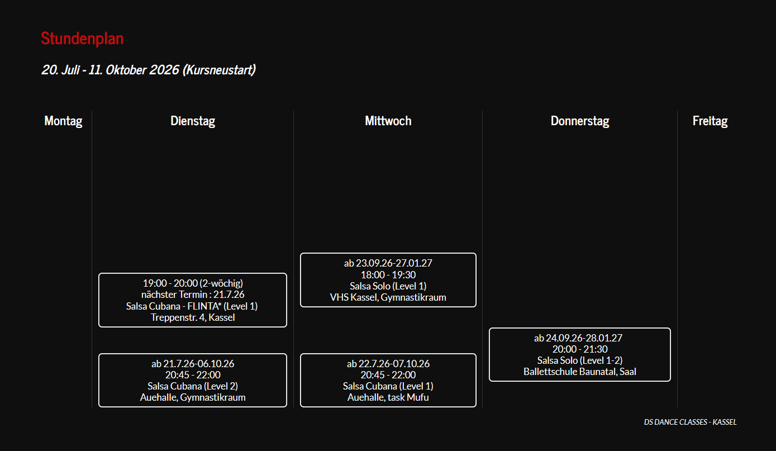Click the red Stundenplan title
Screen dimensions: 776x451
point(82,39)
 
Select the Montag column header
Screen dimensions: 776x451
point(63,121)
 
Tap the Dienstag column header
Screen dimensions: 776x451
point(193,121)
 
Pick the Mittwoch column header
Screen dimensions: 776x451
point(388,121)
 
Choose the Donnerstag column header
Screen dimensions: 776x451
point(580,121)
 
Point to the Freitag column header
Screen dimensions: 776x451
point(710,121)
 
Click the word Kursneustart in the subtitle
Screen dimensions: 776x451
point(220,70)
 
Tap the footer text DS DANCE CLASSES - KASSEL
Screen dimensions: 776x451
point(690,422)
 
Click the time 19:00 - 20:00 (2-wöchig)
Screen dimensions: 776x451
point(193,283)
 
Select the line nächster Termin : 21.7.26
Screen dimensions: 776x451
point(193,295)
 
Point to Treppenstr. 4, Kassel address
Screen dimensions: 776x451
point(193,317)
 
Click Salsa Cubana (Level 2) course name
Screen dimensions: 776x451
point(193,386)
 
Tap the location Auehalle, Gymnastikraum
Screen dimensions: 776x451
point(193,397)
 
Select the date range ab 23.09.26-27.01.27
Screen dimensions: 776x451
point(388,263)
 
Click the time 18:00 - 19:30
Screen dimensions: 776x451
point(388,274)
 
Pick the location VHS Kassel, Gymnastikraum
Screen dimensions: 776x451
point(388,297)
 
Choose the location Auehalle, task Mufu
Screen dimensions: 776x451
point(388,397)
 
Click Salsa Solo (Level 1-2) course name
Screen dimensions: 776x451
point(580,360)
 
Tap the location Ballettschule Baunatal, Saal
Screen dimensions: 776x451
point(580,372)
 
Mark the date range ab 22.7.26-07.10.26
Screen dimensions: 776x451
point(388,364)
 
